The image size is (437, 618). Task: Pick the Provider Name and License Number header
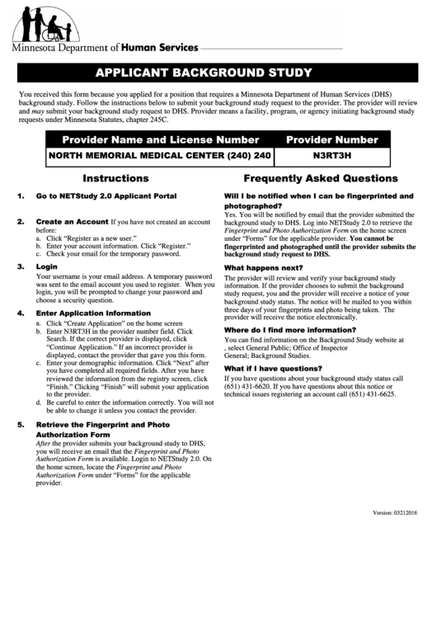tap(161, 139)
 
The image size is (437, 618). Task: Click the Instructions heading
tap(115, 178)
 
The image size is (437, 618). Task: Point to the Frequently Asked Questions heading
tap(320, 178)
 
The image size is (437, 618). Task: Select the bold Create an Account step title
tap(72, 222)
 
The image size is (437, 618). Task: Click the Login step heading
tap(46, 267)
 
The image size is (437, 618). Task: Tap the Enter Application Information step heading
tap(93, 314)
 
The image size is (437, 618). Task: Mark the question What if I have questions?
tap(273, 368)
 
